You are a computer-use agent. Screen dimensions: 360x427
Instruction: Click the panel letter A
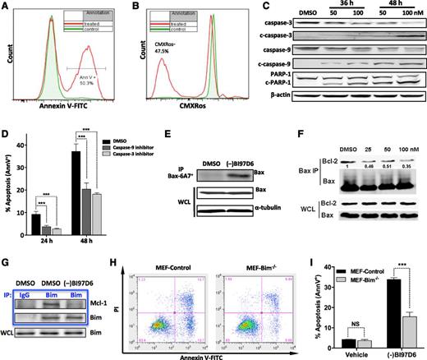click(7, 7)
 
